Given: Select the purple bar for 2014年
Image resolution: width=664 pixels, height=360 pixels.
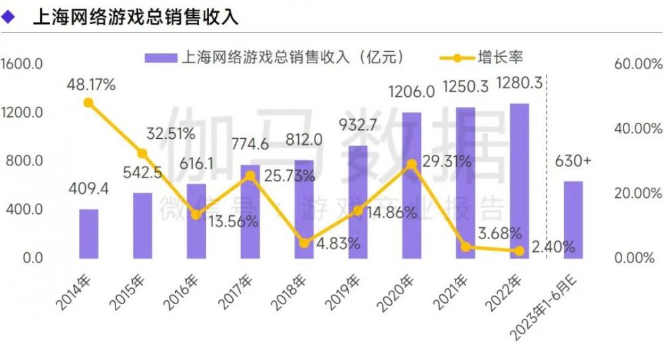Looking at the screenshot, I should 88,233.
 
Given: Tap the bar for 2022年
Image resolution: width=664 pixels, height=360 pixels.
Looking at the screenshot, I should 519,180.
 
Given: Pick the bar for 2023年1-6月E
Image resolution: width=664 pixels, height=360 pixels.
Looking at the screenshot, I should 573,219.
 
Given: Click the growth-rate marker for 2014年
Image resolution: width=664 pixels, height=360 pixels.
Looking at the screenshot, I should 88,102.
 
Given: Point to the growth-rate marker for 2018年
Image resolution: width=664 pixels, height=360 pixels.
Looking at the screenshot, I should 304,243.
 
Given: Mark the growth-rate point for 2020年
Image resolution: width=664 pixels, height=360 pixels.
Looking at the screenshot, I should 412,164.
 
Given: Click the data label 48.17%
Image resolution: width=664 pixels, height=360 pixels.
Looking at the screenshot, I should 92,84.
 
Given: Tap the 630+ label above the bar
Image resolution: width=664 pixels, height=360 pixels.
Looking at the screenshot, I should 574,161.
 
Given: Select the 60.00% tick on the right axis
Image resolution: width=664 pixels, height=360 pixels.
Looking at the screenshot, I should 637,64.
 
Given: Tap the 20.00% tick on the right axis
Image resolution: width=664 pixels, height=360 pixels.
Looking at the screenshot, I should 637,194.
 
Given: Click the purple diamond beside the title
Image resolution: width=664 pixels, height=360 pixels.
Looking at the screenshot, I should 9,17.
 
